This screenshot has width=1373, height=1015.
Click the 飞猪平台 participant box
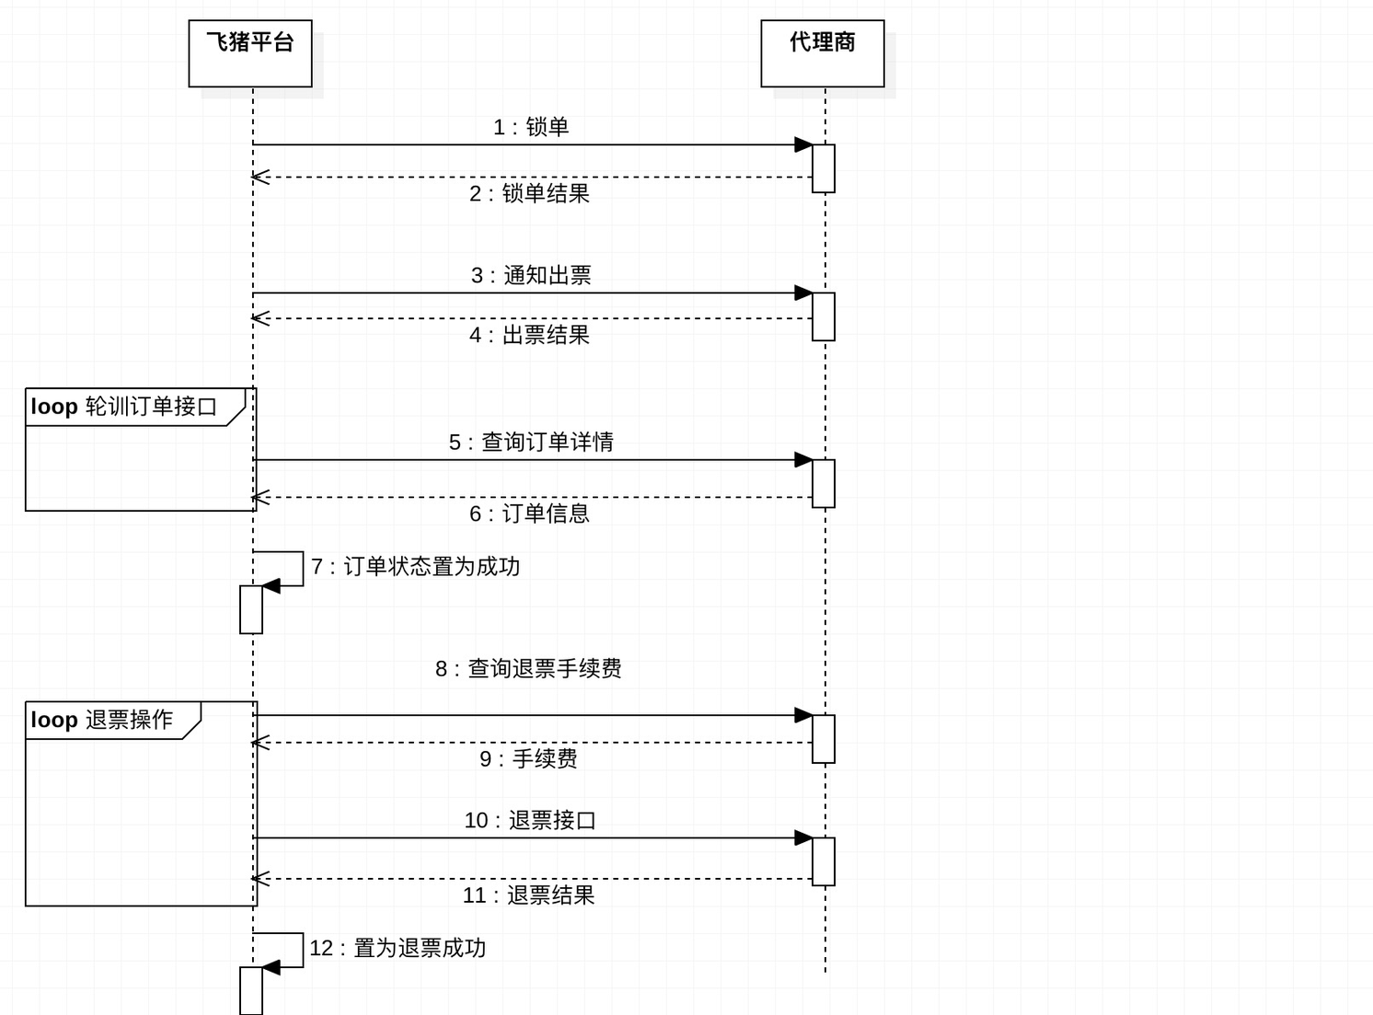(x=250, y=53)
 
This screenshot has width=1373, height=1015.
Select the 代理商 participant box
(x=822, y=53)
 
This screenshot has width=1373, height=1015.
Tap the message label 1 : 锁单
(x=530, y=127)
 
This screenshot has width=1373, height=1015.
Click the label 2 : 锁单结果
(x=529, y=194)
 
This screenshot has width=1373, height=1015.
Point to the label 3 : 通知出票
(x=531, y=275)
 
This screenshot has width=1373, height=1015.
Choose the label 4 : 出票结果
(x=529, y=335)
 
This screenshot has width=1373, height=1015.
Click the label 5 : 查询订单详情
(x=531, y=443)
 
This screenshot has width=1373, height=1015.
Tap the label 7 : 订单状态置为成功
(x=415, y=567)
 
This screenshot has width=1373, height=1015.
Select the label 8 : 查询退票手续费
(x=528, y=669)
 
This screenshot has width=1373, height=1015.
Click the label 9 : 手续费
(x=528, y=759)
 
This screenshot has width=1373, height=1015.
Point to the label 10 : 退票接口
(x=530, y=821)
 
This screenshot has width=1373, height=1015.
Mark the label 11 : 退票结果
(x=528, y=895)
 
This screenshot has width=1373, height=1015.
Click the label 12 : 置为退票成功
(x=398, y=948)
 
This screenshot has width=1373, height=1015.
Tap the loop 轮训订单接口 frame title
(x=124, y=407)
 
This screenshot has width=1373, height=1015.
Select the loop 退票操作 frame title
(x=101, y=721)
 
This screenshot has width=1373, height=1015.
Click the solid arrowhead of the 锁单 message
(x=803, y=144)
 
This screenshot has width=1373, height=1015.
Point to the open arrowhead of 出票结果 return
(x=260, y=318)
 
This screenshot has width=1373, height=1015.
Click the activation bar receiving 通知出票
(x=824, y=317)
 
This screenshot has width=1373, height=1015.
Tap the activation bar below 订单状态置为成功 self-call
(x=250, y=609)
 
